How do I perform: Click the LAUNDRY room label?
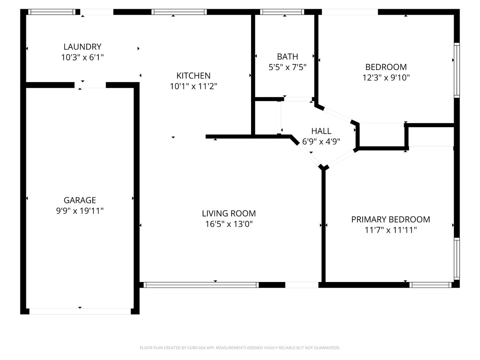click(82, 47)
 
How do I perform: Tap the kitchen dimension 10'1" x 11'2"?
click(193, 86)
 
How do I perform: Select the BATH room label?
click(287, 57)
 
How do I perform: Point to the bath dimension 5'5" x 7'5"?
click(287, 67)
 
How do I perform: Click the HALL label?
click(321, 131)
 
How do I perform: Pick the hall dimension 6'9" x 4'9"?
click(321, 142)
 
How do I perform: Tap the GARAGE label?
click(80, 200)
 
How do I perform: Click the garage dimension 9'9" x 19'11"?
click(80, 211)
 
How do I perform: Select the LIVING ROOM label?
click(229, 213)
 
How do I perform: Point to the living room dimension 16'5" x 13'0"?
click(229, 224)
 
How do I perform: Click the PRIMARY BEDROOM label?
click(390, 219)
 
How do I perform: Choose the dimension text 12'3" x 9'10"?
click(386, 78)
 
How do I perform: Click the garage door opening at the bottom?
click(80, 311)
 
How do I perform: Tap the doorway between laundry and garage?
click(90, 85)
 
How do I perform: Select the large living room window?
click(201, 285)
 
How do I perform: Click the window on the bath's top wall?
click(282, 12)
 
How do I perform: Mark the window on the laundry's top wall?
click(52, 12)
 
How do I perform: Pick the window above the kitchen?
click(179, 12)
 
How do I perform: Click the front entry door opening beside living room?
click(302, 285)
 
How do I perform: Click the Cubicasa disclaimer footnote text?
click(240, 348)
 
